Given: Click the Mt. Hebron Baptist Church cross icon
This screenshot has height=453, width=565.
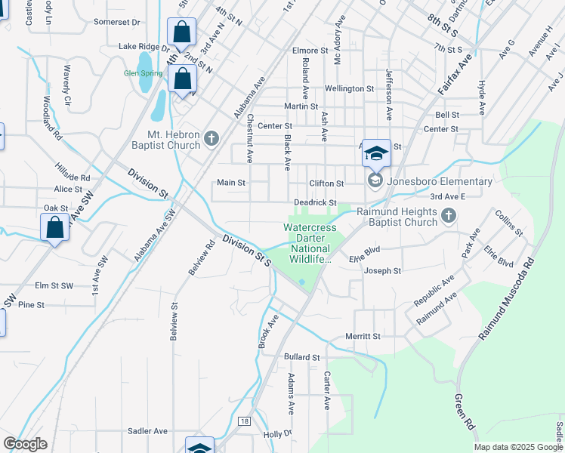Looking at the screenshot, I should (211, 138).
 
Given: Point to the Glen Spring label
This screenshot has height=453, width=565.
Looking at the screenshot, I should (142, 73).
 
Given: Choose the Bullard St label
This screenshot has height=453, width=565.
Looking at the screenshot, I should (302, 356).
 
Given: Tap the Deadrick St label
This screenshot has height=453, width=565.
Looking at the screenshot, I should (315, 202).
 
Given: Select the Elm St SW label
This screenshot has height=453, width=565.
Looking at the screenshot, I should (54, 285).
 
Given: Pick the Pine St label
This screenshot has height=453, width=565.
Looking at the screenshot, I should (31, 304).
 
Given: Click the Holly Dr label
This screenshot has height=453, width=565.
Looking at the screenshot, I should (276, 434).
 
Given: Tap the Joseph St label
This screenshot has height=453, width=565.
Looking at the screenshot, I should (382, 270).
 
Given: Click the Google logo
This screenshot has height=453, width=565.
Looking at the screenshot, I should (25, 444).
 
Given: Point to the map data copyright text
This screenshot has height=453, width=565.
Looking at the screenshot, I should (518, 447).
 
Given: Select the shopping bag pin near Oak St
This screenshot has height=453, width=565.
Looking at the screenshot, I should (55, 226).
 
